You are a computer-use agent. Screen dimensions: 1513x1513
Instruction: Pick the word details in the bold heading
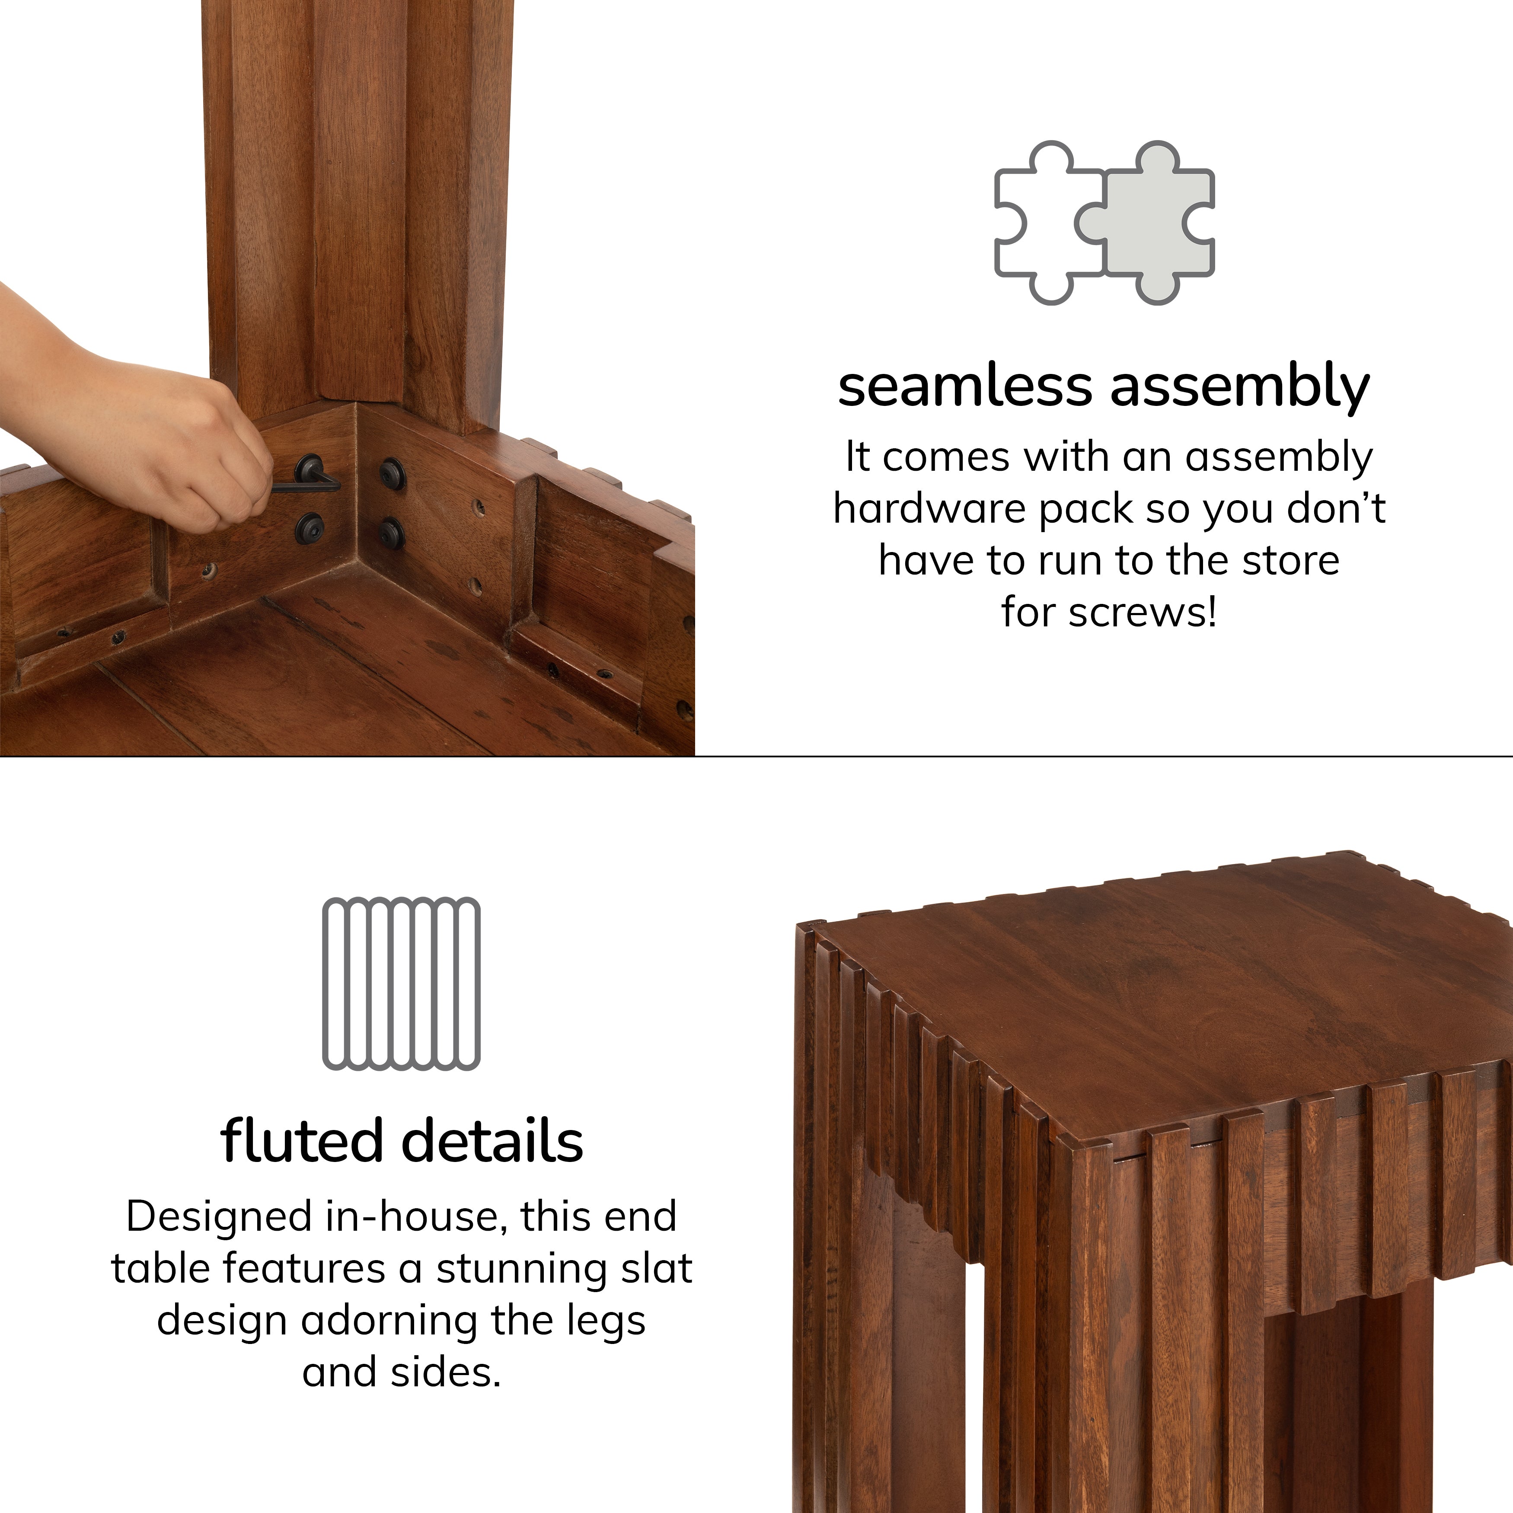[493, 1141]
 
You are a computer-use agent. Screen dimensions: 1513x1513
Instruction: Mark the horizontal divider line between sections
[1096, 756]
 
